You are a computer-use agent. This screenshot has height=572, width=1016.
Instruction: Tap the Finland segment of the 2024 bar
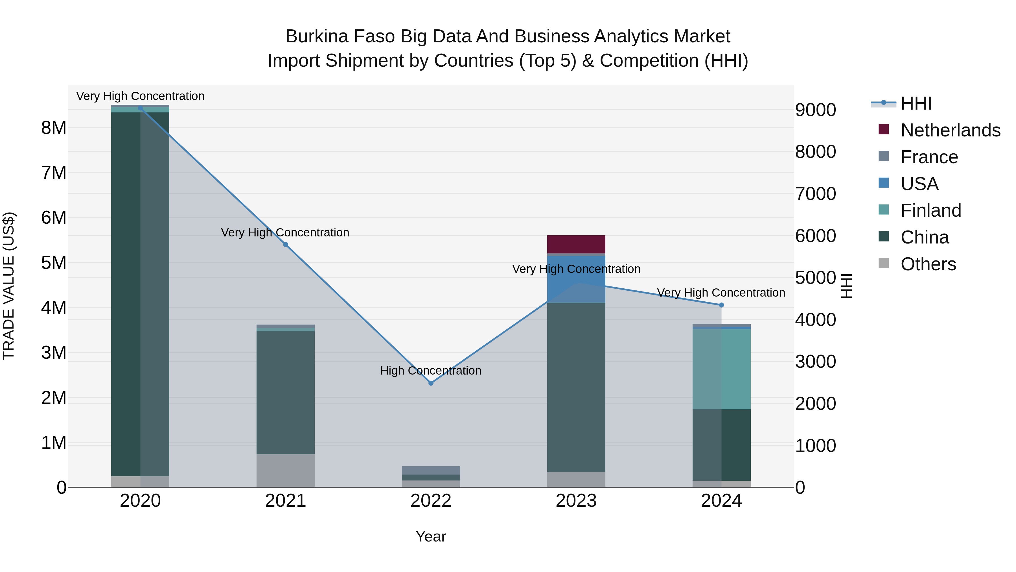[x=721, y=369]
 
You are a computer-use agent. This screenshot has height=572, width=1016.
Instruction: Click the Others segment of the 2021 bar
[x=286, y=471]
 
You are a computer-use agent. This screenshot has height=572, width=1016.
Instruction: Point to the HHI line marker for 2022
[x=431, y=383]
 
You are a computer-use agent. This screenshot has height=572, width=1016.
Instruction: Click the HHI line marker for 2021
[x=286, y=245]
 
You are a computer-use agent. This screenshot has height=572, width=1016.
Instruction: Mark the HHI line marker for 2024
[x=721, y=305]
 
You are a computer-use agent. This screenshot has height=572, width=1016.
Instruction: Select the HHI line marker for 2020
[x=141, y=108]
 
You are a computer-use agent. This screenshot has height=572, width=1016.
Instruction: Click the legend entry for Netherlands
[x=950, y=130]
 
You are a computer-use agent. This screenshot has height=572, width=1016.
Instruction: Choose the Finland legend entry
[x=930, y=210]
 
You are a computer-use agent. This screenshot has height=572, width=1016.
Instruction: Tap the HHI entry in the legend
[x=916, y=103]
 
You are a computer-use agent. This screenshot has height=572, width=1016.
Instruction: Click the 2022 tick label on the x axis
[x=431, y=501]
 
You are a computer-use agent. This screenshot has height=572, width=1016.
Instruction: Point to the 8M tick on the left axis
[x=54, y=128]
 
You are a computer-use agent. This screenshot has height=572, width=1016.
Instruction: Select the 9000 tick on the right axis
[x=815, y=110]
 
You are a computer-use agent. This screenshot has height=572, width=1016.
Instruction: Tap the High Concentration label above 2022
[x=431, y=371]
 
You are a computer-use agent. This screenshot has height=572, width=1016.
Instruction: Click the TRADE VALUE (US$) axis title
[x=9, y=286]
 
